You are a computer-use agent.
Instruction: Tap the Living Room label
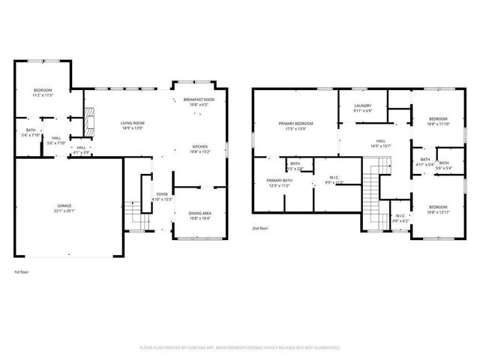pos(133,123)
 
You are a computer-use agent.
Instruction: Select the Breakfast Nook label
pos(198,100)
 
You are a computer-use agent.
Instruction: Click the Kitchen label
pos(199,146)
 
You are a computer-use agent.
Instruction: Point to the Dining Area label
pos(199,213)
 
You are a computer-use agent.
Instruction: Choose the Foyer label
pos(162,195)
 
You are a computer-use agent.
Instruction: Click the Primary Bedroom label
pos(295,124)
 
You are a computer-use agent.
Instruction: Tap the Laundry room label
pos(363,106)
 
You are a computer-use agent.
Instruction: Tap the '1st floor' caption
pos(22,271)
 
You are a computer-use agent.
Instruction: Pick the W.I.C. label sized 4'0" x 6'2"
pos(400,219)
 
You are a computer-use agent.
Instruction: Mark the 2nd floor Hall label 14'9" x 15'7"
pos(381,143)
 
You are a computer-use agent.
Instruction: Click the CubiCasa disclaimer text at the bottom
pos(240,347)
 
